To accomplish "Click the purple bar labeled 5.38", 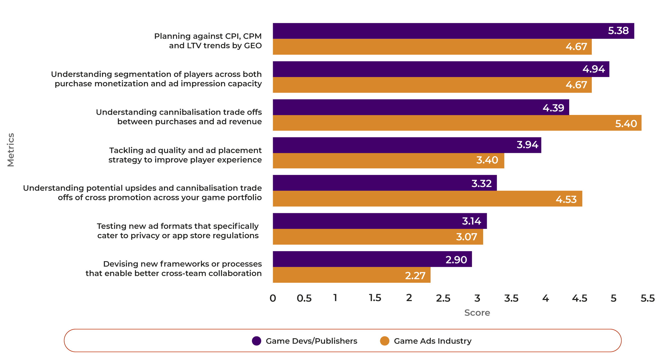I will pyautogui.click(x=452, y=31).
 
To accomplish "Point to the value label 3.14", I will pyautogui.click(x=471, y=221).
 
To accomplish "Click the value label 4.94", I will pyautogui.click(x=593, y=69).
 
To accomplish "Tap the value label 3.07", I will pyautogui.click(x=467, y=237).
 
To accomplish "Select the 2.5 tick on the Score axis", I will pyautogui.click(x=443, y=298).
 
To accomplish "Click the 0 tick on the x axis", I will pyautogui.click(x=273, y=298).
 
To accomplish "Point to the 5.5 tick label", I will pyautogui.click(x=648, y=298).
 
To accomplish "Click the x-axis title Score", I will pyautogui.click(x=477, y=313).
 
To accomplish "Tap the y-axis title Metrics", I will pyautogui.click(x=11, y=150).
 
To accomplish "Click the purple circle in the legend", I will pyautogui.click(x=257, y=341).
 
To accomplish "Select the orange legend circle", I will pyautogui.click(x=385, y=341).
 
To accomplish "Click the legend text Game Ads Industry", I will pyautogui.click(x=433, y=341).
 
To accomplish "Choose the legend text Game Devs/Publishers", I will pyautogui.click(x=311, y=341).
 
